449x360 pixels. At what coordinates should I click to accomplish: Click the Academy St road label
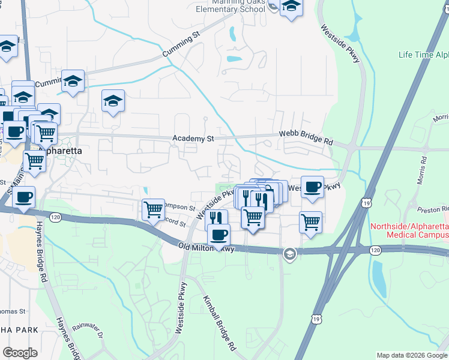click(193, 139)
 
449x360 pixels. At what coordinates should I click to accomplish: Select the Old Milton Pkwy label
click(205, 247)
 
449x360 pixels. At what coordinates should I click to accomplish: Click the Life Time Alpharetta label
click(423, 55)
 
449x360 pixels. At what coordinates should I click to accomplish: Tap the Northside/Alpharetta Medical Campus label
click(409, 230)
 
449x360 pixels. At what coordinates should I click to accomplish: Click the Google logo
click(20, 353)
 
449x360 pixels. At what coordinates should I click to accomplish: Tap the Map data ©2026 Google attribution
click(411, 355)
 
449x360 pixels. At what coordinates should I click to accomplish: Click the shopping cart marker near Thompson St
click(154, 209)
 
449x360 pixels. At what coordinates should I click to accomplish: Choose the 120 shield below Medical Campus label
click(375, 249)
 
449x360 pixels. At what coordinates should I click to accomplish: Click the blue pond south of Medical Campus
click(379, 279)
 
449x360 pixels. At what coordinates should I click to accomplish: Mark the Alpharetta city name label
click(59, 151)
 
